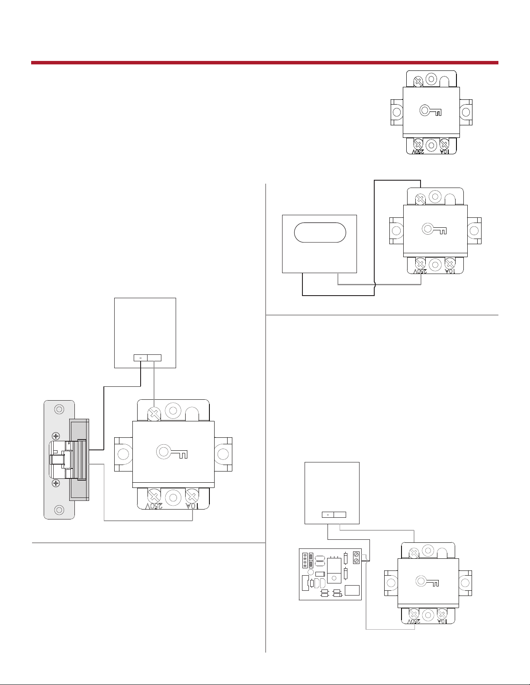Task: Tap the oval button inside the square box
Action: point(320,233)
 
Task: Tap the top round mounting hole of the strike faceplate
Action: point(60,408)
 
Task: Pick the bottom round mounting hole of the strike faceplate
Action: point(60,510)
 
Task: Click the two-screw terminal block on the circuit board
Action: point(357,558)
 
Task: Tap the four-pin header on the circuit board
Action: point(305,560)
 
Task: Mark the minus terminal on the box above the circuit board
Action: point(328,514)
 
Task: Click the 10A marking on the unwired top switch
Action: point(444,152)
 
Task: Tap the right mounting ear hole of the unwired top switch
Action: point(466,112)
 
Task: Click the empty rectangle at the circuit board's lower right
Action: point(352,590)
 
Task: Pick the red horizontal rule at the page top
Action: point(264,63)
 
